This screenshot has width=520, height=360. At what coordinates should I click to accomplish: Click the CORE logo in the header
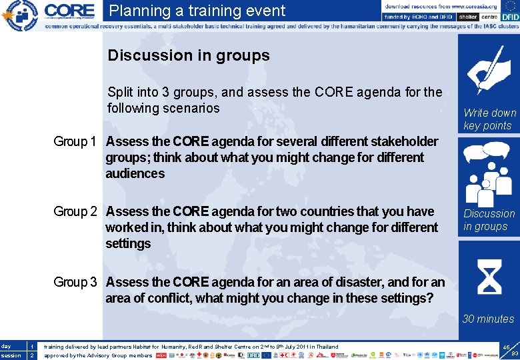point(69,11)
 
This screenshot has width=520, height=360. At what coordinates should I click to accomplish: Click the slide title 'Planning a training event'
point(197,11)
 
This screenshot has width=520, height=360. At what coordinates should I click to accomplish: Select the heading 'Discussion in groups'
point(189,55)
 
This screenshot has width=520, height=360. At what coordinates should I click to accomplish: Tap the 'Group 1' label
point(75,141)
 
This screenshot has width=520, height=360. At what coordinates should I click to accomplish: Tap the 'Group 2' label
point(75,211)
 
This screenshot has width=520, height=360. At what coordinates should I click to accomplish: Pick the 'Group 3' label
point(75,282)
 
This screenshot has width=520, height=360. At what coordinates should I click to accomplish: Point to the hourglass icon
point(489,277)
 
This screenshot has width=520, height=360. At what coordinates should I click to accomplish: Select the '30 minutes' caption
point(488,319)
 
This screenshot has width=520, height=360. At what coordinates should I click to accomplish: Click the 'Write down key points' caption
point(489,119)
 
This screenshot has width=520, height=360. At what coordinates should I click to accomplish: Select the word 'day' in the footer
point(6,347)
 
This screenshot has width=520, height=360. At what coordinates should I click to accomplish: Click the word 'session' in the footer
point(10,356)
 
